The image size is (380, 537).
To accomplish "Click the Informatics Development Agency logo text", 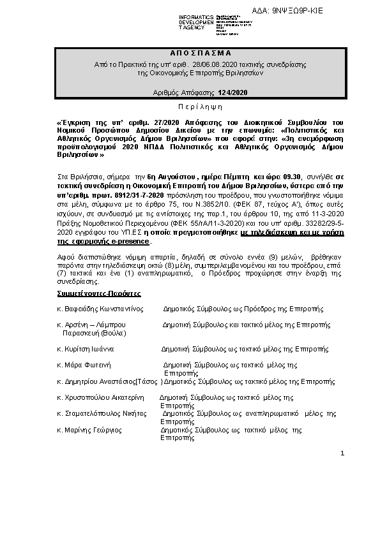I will (197, 22).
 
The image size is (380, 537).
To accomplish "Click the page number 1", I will (342, 453).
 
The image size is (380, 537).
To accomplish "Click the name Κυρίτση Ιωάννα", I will (89, 349).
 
